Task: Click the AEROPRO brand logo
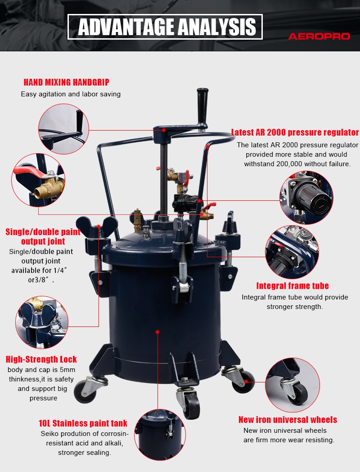click(319, 36)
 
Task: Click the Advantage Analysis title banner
click(165, 27)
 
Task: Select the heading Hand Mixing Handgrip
click(67, 82)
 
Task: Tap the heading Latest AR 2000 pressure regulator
click(295, 132)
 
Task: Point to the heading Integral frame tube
click(292, 286)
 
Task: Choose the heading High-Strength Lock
click(41, 359)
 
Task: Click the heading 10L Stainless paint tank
click(83, 423)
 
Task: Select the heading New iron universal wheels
click(288, 420)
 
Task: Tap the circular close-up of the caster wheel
click(292, 385)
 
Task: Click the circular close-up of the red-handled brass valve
click(38, 180)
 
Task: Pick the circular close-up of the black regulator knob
click(306, 197)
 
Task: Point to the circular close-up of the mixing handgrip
click(64, 129)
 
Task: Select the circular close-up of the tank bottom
click(160, 434)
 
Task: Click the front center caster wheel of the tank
click(189, 403)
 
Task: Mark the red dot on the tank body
click(157, 332)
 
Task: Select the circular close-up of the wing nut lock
click(42, 322)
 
